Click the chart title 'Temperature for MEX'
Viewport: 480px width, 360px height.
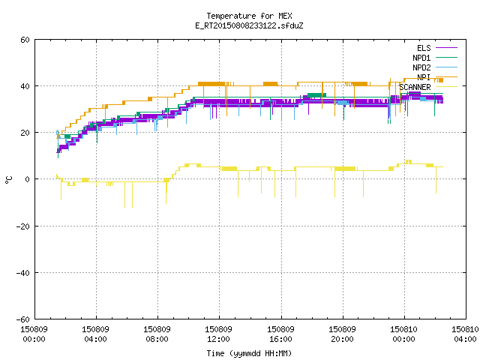coord(249,16)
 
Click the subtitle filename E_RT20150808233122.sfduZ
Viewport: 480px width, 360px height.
coord(249,25)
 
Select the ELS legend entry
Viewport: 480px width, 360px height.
coord(424,48)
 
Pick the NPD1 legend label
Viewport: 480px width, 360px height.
coord(421,58)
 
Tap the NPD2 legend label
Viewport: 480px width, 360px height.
coord(421,67)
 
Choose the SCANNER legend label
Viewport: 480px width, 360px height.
coord(415,87)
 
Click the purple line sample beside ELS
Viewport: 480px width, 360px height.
coord(446,48)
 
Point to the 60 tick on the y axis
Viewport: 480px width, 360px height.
coord(25,40)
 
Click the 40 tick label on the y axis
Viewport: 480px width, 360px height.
coord(25,86)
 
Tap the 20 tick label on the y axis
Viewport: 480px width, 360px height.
coord(25,133)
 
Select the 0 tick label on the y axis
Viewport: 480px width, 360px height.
coord(28,179)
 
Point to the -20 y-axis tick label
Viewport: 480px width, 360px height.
coord(23,226)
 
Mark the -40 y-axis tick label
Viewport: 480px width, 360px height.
coord(23,273)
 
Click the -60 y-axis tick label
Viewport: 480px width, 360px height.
coord(23,319)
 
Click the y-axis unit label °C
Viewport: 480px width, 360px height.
coord(8,180)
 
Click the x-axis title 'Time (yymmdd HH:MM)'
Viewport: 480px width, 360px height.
coord(249,353)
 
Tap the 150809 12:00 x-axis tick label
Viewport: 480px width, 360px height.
coord(218,334)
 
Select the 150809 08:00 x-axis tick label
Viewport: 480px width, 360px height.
coord(157,334)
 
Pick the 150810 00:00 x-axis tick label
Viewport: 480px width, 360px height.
coord(403,334)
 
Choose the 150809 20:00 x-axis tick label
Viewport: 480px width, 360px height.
coord(342,334)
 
